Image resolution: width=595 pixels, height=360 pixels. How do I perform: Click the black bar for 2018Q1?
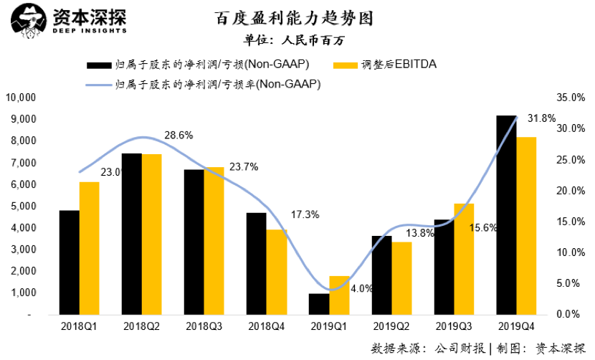tap(69, 262)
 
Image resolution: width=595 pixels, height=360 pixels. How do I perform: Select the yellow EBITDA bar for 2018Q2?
tap(151, 235)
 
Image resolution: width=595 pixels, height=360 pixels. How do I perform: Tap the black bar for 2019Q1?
tap(318, 304)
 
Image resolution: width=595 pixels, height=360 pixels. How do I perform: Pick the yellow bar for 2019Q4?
tap(526, 226)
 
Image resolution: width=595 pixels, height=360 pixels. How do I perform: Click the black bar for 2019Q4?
tap(506, 215)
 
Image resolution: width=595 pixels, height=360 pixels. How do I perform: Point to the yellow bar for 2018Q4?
tap(277, 272)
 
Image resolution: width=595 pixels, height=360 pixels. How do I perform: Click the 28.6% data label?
tap(179, 135)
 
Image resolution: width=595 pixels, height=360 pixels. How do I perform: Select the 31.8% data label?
tap(541, 118)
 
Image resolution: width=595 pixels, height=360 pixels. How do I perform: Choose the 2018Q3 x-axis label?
tap(204, 326)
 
